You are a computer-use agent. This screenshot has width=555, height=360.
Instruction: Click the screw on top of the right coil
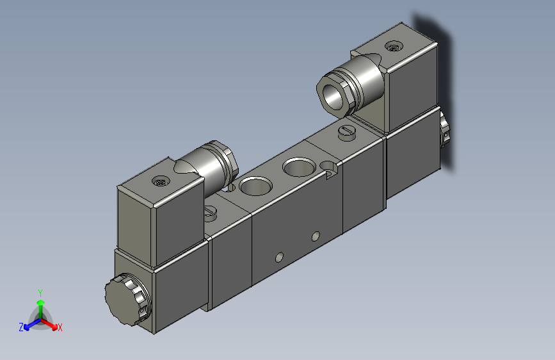tap(393, 46)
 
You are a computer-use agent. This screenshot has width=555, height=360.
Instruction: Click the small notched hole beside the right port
tap(331, 170)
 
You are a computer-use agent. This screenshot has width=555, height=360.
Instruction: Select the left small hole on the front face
tap(278, 258)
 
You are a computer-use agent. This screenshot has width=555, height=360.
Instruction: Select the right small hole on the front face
tap(315, 236)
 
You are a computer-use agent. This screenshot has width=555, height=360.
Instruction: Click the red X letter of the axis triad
tap(60, 328)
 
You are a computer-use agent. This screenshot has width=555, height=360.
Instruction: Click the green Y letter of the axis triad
tap(40, 291)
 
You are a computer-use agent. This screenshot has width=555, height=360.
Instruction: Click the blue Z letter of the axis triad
tap(21, 327)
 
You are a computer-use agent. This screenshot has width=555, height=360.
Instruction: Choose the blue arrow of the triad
tap(29, 324)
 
